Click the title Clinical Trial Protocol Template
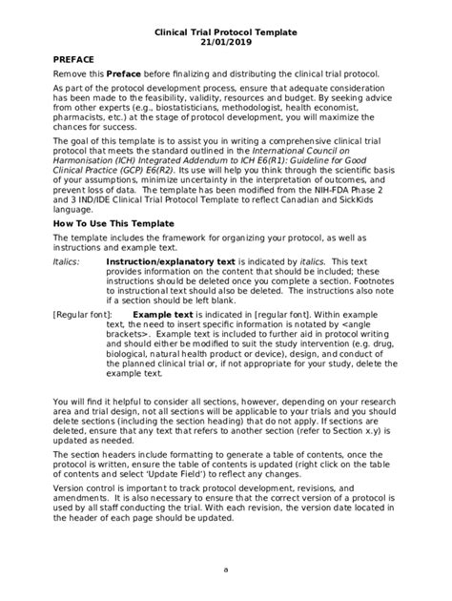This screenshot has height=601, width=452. [226, 31]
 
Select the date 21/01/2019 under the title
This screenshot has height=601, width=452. [226, 43]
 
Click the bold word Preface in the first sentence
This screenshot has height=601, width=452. [123, 74]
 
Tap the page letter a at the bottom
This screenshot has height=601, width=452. [226, 570]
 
